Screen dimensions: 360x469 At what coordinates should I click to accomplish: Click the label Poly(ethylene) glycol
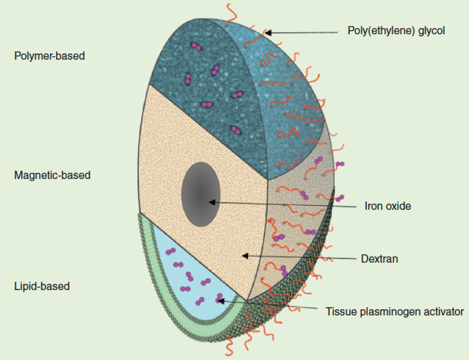pos(396,31)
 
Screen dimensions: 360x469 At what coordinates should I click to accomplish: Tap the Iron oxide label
pos(388,206)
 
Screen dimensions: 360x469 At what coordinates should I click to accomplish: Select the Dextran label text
pos(380,259)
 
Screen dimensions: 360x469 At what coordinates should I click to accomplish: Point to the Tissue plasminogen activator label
pos(395,312)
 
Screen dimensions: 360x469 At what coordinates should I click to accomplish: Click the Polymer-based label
pos(49,56)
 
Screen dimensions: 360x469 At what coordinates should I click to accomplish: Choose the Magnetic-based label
pos(52,175)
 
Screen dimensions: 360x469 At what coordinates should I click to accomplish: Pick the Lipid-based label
pos(42,286)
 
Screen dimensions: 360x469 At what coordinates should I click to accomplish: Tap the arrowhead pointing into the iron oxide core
pos(212,202)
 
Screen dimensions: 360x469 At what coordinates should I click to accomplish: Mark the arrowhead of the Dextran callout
pos(244,255)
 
